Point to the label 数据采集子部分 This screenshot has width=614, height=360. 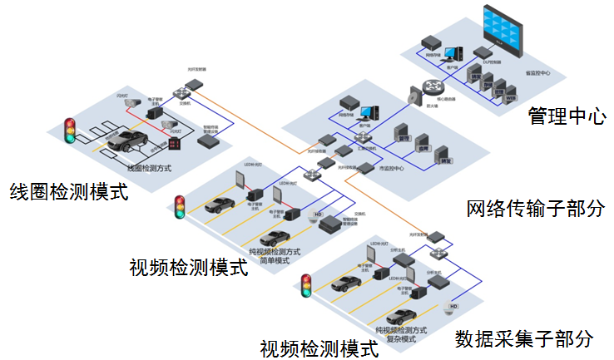coord(524,338)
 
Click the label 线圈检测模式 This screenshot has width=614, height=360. coord(68,192)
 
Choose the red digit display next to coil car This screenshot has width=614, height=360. coord(174,145)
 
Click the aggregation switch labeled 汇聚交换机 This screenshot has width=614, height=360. coord(364,138)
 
